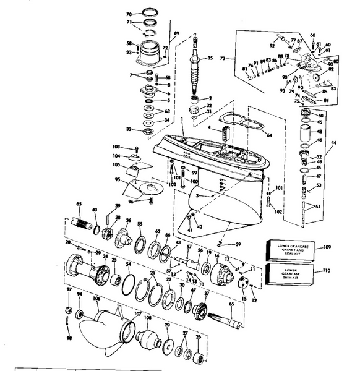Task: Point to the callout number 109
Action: coord(328,247)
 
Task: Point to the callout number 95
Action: coord(117,180)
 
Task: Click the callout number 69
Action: coord(176,33)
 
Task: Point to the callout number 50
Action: coord(320,116)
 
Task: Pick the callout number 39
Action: coord(117,206)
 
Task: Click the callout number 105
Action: coord(116,165)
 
